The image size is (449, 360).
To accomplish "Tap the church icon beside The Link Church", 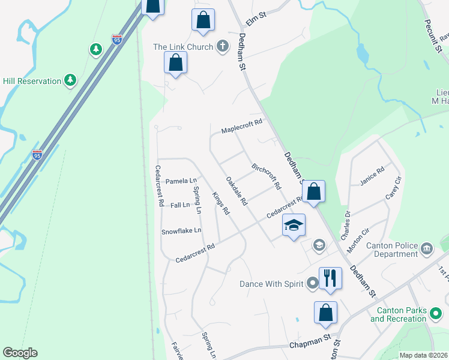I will point(223,46).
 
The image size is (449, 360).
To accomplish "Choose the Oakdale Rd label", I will point(237,191).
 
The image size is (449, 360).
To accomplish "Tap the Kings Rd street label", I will point(221,203).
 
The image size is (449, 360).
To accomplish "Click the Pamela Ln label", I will point(181,181).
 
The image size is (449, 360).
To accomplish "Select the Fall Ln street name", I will point(180,205).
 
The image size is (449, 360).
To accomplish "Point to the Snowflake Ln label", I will point(181,230).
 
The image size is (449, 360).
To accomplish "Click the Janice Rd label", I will point(372,177).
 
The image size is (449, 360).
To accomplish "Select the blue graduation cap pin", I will point(294,225).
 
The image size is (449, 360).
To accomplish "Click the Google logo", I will point(20,353).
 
